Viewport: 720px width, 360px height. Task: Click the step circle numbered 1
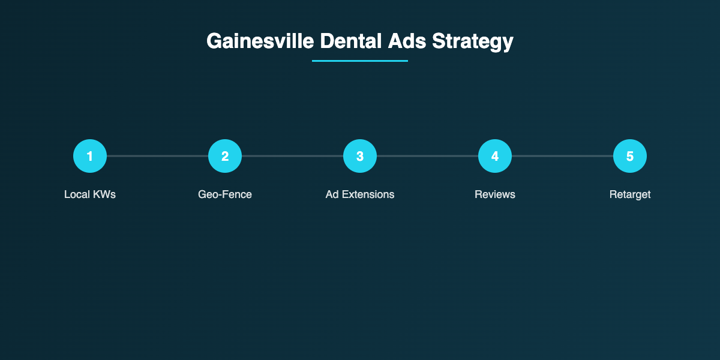tap(90, 156)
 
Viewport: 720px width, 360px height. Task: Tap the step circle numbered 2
tap(225, 156)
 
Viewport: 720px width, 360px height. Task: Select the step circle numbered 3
tap(360, 156)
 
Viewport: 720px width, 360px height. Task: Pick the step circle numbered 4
tap(495, 156)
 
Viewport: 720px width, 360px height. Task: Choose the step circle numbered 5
tap(630, 156)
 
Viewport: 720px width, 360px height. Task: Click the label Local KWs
tap(90, 194)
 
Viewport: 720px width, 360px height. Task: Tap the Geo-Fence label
tap(225, 194)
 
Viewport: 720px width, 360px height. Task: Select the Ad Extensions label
tap(360, 194)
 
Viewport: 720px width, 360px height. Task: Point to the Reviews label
tap(495, 194)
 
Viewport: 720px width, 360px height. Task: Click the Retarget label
tap(630, 194)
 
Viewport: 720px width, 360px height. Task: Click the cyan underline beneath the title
tap(360, 61)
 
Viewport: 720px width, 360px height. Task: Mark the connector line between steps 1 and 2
tap(157, 156)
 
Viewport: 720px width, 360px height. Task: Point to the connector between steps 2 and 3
tap(292, 156)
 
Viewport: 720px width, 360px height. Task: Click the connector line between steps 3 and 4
tap(427, 156)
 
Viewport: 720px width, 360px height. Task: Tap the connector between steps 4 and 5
tap(562, 156)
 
